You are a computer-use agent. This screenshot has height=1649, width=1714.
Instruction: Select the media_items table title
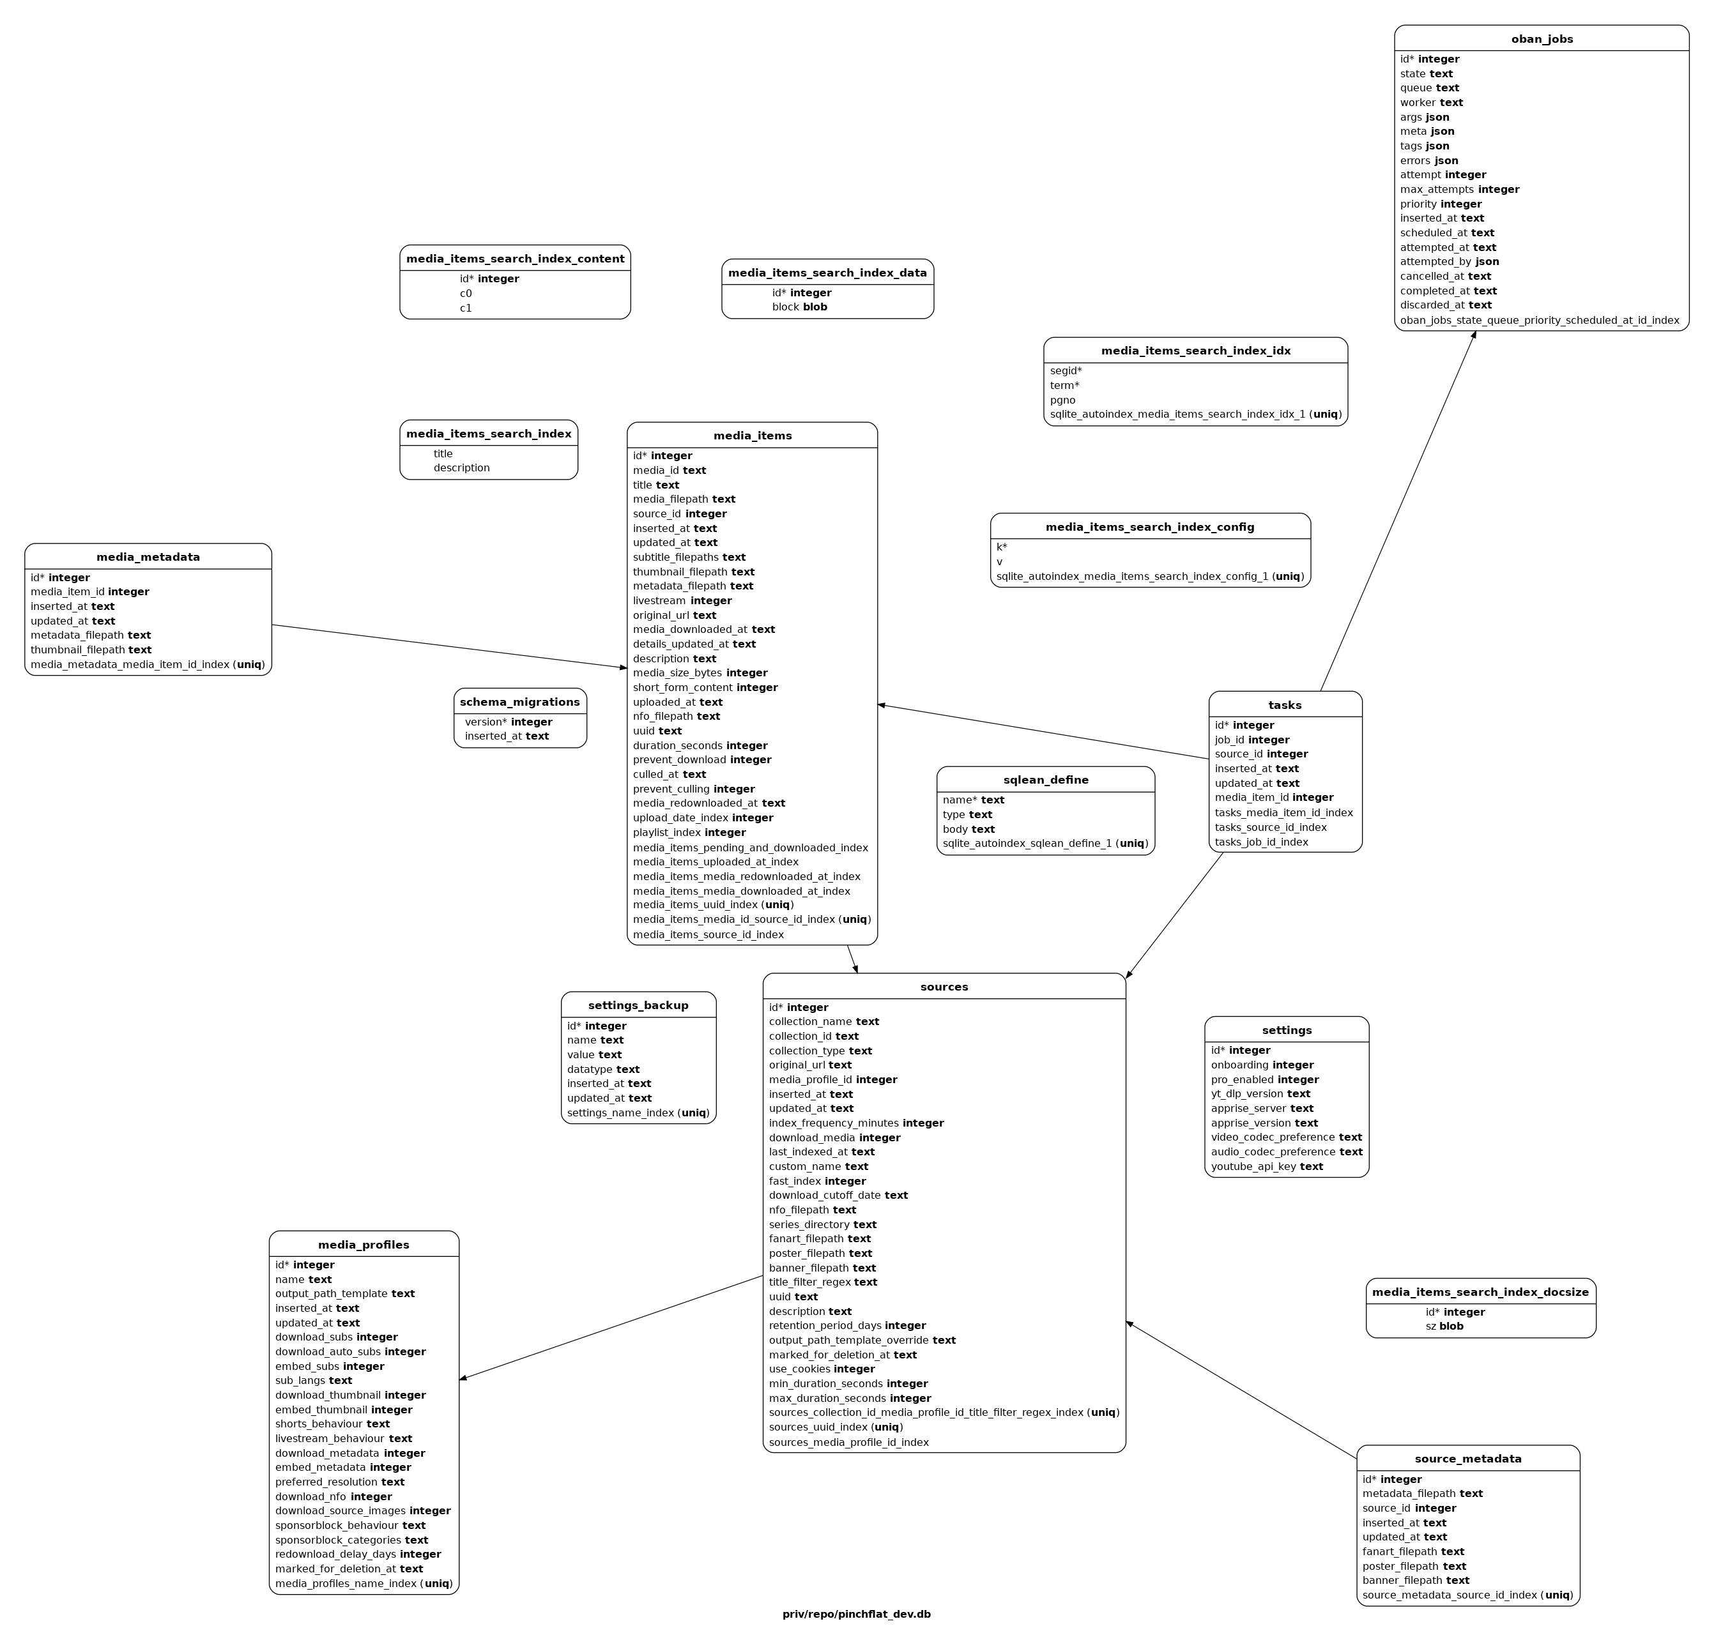click(752, 436)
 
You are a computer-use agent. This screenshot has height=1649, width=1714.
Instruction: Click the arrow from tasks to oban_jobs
click(1397, 511)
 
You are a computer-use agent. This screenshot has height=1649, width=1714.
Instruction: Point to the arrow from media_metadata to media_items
click(450, 646)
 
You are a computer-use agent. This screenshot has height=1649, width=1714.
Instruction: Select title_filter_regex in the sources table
click(823, 1282)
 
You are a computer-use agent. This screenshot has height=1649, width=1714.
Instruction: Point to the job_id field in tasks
click(1251, 740)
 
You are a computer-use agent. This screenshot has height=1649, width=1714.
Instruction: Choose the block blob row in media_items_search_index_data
click(799, 307)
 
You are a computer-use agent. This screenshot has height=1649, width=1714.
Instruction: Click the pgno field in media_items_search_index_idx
click(1062, 400)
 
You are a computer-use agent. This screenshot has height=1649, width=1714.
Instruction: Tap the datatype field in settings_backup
click(602, 1068)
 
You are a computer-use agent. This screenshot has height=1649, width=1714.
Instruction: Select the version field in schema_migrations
click(508, 722)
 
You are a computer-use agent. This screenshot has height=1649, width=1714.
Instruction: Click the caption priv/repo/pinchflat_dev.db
click(856, 1613)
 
